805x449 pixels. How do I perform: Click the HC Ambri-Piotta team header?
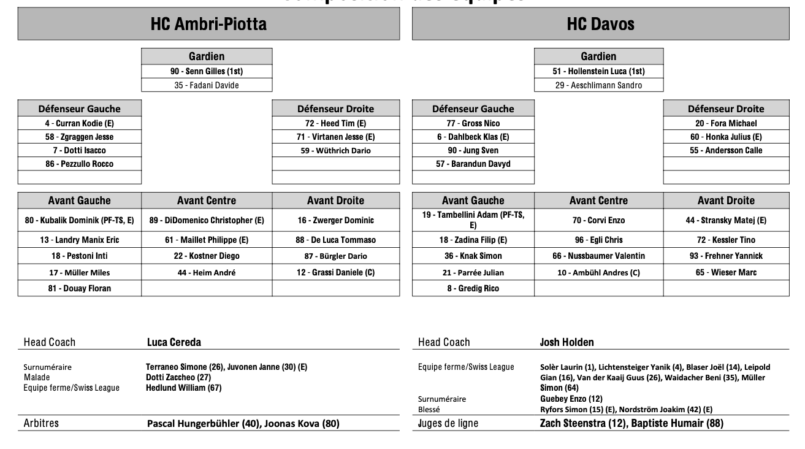pyautogui.click(x=208, y=24)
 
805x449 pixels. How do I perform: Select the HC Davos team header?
pyautogui.click(x=600, y=24)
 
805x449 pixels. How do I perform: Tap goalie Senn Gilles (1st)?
pyautogui.click(x=207, y=71)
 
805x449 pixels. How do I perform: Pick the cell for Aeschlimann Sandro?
pyautogui.click(x=598, y=85)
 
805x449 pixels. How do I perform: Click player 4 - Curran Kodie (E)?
pyautogui.click(x=80, y=123)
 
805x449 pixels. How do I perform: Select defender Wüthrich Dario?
pyautogui.click(x=335, y=150)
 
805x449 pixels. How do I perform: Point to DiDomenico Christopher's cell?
pyautogui.click(x=207, y=220)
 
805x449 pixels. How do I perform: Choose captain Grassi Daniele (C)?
pyautogui.click(x=335, y=272)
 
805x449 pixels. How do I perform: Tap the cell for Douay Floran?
pyautogui.click(x=80, y=288)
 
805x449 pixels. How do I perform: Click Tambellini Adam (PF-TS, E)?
pyautogui.click(x=473, y=220)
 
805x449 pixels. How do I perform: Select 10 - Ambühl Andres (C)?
pyautogui.click(x=598, y=272)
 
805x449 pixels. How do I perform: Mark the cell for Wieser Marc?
pyautogui.click(x=726, y=272)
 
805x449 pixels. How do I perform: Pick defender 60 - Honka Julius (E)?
pyautogui.click(x=726, y=137)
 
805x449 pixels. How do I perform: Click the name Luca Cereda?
pyautogui.click(x=174, y=342)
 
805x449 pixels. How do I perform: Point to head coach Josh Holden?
pyautogui.click(x=567, y=342)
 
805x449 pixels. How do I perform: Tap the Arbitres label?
pyautogui.click(x=41, y=423)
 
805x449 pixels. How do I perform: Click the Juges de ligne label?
pyautogui.click(x=448, y=423)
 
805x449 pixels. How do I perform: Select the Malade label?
pyautogui.click(x=36, y=377)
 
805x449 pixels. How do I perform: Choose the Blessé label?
pyautogui.click(x=429, y=409)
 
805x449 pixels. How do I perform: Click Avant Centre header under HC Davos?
pyautogui.click(x=598, y=201)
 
